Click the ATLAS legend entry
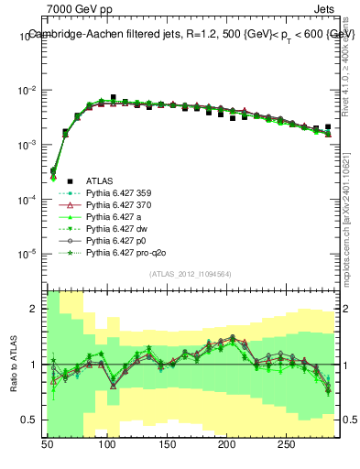tap(98, 182)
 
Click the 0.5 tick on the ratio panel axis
tap(30, 420)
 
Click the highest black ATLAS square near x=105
tap(113, 97)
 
